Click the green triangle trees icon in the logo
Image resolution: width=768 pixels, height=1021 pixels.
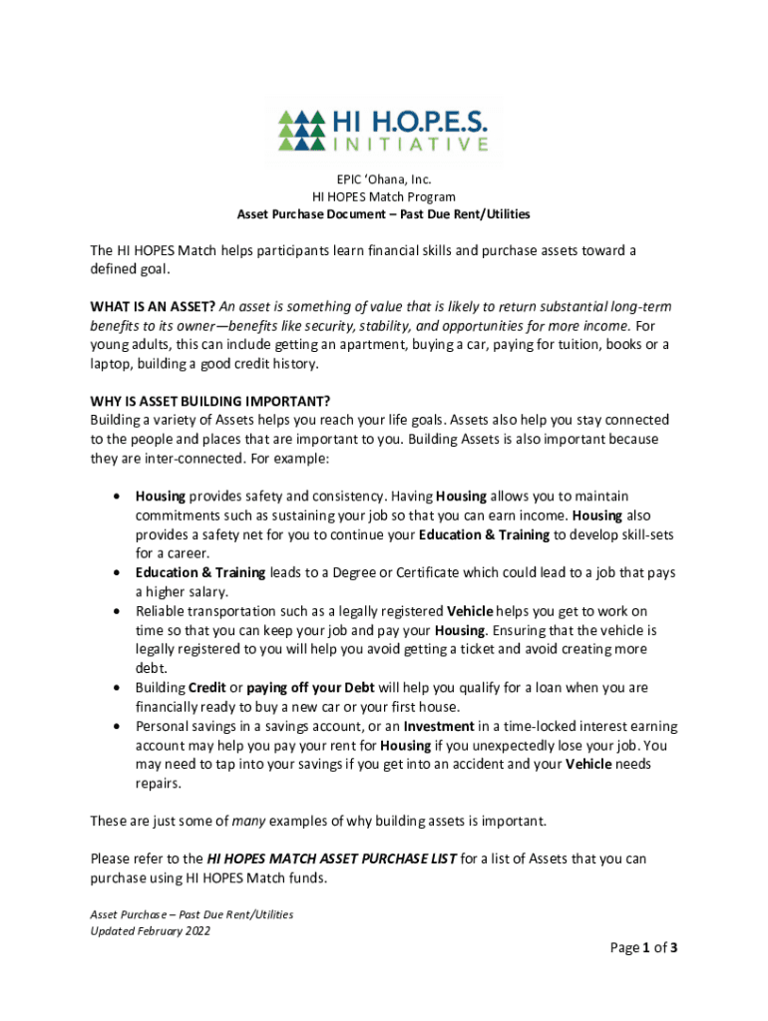coord(301,130)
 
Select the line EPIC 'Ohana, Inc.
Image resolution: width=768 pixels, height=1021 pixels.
coord(383,179)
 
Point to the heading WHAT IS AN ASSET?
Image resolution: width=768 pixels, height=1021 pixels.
coord(152,307)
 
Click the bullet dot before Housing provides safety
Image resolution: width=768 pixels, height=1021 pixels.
coord(118,496)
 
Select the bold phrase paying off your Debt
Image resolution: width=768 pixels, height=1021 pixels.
coord(310,687)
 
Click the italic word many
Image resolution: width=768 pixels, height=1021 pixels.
coord(248,821)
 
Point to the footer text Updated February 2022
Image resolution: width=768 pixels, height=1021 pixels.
coord(150,931)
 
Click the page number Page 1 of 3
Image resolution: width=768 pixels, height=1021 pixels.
coord(643,948)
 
